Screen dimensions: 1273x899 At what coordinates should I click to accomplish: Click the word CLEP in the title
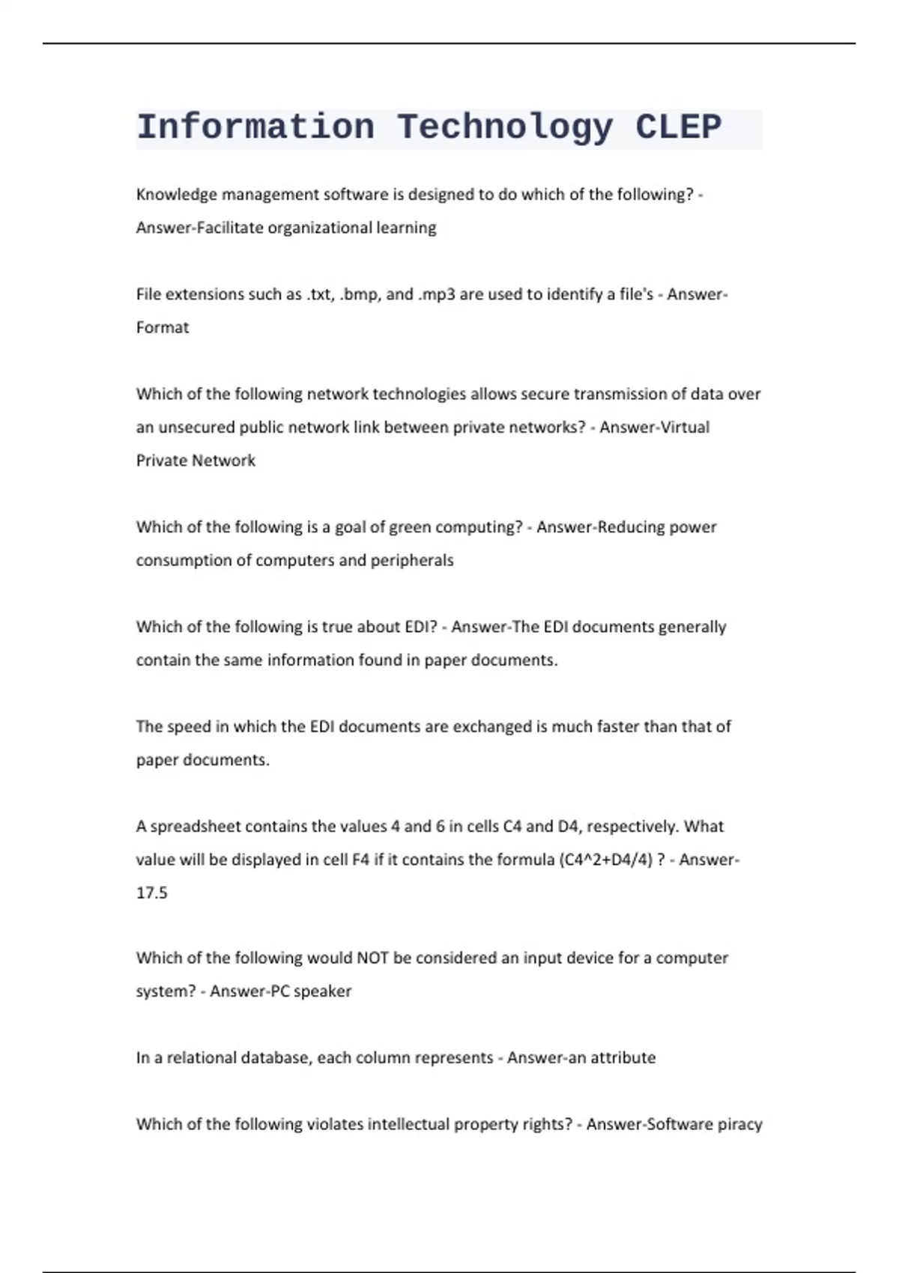coord(678,127)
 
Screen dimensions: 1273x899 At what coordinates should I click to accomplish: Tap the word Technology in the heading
coord(505,127)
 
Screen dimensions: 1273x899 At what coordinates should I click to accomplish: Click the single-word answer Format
coord(163,328)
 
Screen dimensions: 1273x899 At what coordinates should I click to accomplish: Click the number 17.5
coord(152,893)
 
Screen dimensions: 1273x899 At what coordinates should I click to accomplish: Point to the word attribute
coord(623,1058)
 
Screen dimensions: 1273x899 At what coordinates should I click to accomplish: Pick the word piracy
coord(738,1125)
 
